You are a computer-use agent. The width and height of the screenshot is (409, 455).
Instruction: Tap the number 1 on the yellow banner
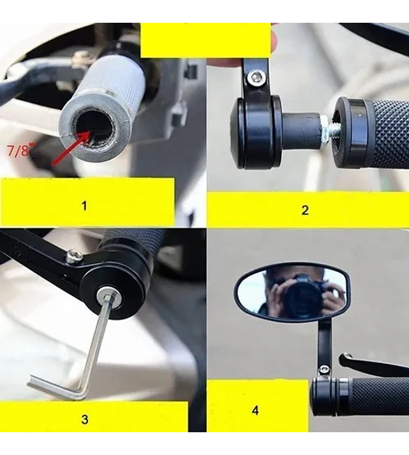click(x=84, y=206)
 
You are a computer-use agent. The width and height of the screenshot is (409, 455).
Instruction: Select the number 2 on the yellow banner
click(x=305, y=210)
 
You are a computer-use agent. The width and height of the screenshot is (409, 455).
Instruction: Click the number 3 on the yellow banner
click(x=85, y=419)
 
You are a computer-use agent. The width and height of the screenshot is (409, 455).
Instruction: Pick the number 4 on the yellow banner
click(x=255, y=410)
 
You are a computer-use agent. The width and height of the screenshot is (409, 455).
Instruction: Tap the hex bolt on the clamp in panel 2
click(x=257, y=77)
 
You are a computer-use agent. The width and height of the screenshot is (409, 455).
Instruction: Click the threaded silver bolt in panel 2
click(x=327, y=129)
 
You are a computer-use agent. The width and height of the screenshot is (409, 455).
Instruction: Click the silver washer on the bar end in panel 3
click(x=109, y=298)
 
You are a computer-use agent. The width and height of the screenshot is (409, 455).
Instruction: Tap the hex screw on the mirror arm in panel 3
click(x=73, y=256)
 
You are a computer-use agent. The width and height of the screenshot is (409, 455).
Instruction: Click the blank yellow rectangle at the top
click(x=205, y=40)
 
